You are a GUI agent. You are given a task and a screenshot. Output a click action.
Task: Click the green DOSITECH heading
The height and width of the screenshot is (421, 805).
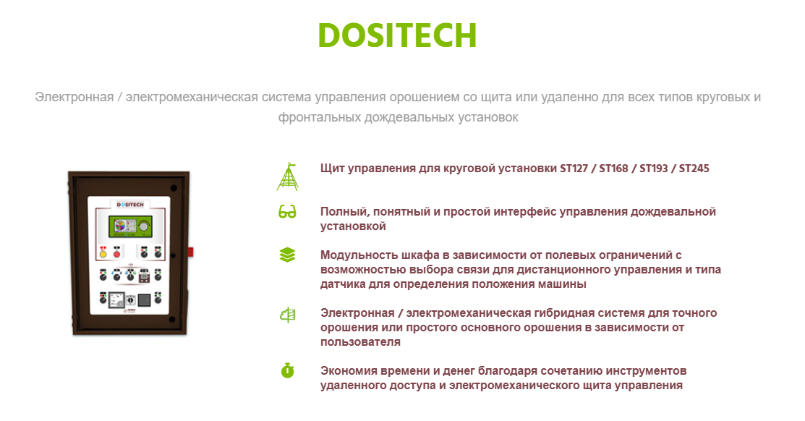tap(397, 35)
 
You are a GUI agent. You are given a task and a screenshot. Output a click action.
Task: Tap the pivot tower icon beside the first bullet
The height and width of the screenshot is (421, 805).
tap(288, 177)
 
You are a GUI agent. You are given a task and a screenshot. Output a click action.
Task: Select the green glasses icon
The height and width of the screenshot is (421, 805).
tap(288, 211)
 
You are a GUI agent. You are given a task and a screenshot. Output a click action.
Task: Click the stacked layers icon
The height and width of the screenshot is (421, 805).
tap(288, 255)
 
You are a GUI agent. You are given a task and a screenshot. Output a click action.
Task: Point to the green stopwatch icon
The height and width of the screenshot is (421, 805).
tap(288, 370)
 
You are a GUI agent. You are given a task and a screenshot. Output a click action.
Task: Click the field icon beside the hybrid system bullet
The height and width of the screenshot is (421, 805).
tap(288, 314)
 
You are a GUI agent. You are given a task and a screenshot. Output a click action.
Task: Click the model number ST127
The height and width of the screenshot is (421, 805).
tap(574, 169)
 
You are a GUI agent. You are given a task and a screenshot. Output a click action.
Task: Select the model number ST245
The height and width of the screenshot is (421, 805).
tap(694, 169)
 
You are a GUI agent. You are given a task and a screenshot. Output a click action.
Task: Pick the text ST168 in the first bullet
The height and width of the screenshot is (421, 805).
tap(613, 169)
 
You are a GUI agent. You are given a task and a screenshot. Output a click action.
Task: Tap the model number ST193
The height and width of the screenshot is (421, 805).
tap(654, 169)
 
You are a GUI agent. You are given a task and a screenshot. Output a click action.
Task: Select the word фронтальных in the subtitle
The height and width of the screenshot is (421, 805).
tap(320, 118)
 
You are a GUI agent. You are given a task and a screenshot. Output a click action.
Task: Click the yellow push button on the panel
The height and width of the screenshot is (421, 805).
tap(103, 253)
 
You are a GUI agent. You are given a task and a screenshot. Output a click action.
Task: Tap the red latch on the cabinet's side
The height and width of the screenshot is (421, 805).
tap(190, 252)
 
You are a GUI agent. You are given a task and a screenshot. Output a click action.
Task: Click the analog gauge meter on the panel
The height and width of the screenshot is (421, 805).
tap(117, 299)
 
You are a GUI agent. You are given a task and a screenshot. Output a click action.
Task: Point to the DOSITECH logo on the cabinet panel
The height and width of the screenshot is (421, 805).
tap(130, 204)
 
